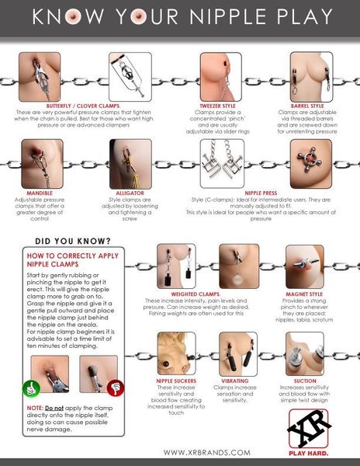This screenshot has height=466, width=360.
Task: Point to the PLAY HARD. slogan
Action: (309, 451)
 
